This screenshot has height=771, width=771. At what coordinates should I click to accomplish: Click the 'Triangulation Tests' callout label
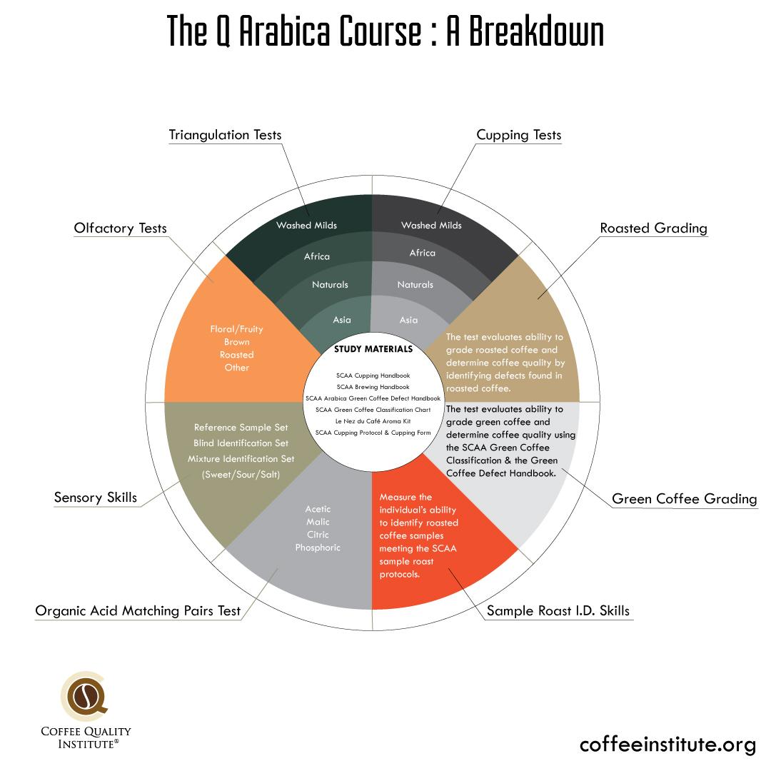click(x=225, y=135)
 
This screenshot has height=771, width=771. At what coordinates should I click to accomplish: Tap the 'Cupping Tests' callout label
click(x=519, y=135)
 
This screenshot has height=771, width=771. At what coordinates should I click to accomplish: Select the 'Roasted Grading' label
click(x=653, y=228)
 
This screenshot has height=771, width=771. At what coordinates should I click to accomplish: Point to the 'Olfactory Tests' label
click(x=120, y=228)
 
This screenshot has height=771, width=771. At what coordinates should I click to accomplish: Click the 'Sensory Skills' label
click(x=95, y=497)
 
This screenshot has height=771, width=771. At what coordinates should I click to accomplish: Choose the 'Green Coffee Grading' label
click(x=684, y=499)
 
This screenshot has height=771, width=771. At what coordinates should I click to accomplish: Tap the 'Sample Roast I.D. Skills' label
click(x=558, y=610)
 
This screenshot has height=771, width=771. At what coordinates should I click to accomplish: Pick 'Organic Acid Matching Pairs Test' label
click(x=138, y=611)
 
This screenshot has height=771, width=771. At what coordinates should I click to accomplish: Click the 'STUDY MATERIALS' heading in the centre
click(x=373, y=350)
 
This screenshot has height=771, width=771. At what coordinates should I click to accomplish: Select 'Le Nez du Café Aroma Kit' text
click(x=373, y=421)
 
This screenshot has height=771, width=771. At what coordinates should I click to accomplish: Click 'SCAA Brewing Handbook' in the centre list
click(x=373, y=387)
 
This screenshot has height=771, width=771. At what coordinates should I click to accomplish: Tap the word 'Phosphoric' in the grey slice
click(x=318, y=548)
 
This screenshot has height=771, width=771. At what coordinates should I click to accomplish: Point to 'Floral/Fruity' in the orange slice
click(x=236, y=329)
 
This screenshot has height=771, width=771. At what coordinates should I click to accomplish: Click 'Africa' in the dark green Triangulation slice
click(x=317, y=256)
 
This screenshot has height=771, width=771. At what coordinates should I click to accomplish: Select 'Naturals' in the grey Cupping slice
click(x=415, y=284)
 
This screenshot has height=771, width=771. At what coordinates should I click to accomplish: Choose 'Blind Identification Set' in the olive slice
click(x=241, y=443)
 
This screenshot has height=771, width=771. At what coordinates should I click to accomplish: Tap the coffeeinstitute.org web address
click(x=667, y=745)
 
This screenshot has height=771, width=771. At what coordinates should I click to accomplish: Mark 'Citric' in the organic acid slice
click(x=318, y=535)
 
